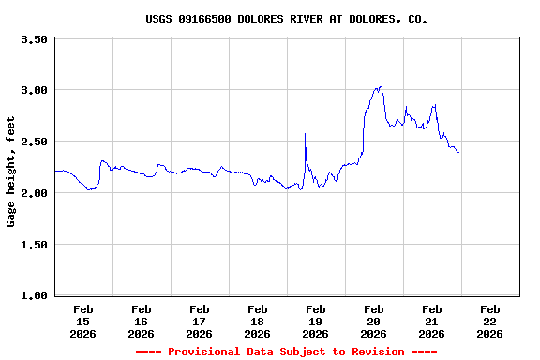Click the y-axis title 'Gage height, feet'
point(11,172)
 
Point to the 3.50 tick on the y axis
point(34,39)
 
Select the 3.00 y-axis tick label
point(34,90)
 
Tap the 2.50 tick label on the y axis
point(34,142)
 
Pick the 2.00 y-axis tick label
point(34,193)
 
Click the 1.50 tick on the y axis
point(34,245)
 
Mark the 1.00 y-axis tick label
point(34,296)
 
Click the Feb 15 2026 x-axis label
point(83,321)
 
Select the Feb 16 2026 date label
point(142,321)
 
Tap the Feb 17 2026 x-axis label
point(200,321)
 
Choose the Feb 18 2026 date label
point(258,321)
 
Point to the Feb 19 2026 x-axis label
point(316,321)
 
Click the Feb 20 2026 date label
point(374,321)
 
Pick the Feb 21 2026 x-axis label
point(432,321)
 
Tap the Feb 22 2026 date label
point(490,321)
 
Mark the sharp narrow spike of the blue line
point(306,135)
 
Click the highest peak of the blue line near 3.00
point(380,87)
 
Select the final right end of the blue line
point(458,153)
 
